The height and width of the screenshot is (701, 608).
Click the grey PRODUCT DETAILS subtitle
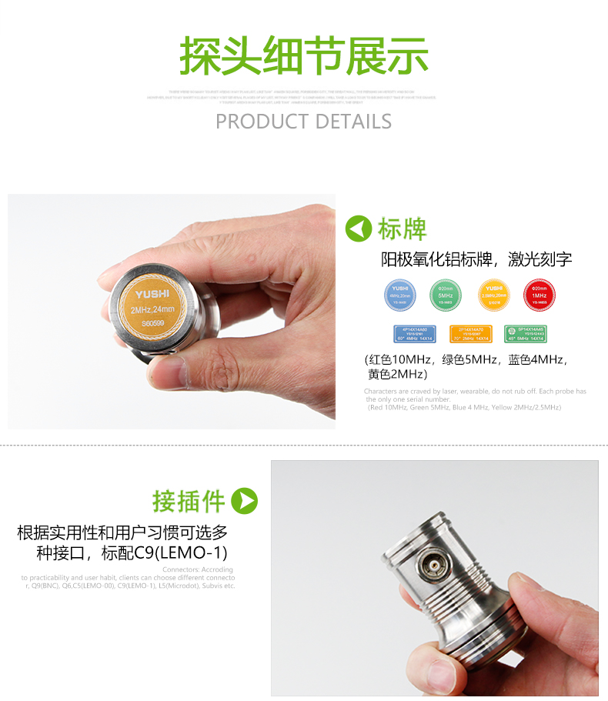303,122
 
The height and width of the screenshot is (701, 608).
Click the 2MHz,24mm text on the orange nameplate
154,309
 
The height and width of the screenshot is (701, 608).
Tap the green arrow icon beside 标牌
359,229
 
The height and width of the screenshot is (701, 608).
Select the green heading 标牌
402,229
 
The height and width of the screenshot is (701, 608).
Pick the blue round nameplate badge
399,295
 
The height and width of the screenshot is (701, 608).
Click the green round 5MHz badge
445,295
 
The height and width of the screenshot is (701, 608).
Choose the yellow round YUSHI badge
493,295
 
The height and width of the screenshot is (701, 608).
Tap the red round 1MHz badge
540,295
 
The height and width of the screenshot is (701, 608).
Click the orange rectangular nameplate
470,333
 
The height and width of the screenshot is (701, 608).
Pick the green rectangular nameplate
526,333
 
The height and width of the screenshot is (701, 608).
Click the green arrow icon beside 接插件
245,501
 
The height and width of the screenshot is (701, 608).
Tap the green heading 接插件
189,501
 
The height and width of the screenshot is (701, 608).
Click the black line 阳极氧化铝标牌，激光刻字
476,259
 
